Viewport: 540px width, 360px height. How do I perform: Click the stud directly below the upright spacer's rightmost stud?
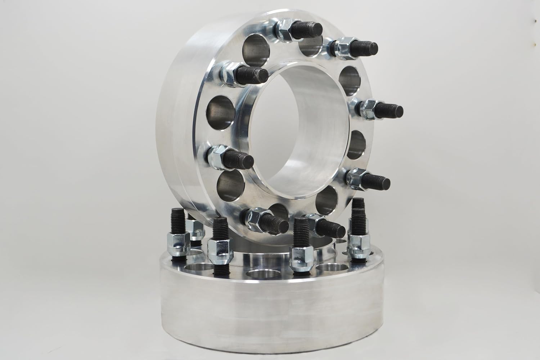376,179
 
